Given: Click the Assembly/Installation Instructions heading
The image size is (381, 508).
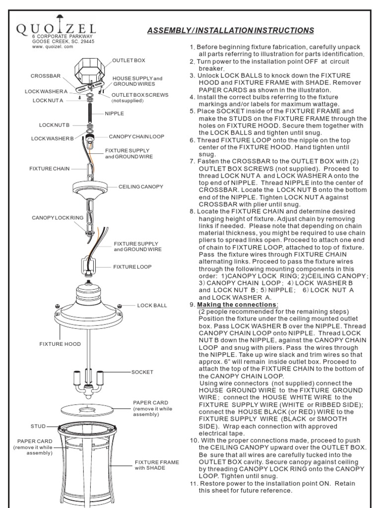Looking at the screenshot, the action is [230, 30].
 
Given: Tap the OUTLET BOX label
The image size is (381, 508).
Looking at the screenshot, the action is [128, 60].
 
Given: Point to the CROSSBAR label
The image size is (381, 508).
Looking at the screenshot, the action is [46, 76].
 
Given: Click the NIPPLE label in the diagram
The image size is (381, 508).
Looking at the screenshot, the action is [114, 114].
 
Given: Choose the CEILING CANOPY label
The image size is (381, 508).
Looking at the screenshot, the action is [140, 187].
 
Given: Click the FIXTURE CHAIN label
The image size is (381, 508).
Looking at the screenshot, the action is [49, 169].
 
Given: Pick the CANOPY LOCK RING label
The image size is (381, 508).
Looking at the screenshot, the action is [58, 218].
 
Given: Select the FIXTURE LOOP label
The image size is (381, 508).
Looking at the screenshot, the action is [132, 267].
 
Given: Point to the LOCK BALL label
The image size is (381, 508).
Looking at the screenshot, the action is [152, 305].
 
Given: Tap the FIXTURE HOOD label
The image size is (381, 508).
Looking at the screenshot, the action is [60, 344].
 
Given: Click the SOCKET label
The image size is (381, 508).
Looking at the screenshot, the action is [142, 372].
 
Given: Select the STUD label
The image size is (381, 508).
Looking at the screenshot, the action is [38, 426].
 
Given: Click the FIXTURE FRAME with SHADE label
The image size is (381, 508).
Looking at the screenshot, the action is [157, 465].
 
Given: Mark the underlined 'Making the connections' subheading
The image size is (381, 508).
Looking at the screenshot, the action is [238, 305].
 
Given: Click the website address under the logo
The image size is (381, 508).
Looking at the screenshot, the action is [53, 46].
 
